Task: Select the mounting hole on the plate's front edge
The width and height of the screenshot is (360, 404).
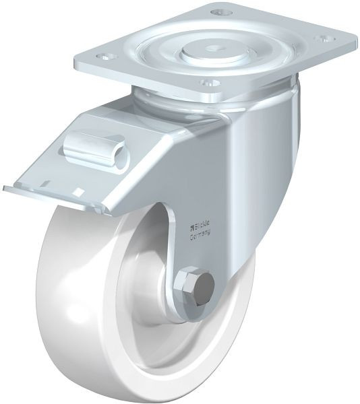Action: click(x=210, y=83)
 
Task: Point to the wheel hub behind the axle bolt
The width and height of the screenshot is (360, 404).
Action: click(x=169, y=296)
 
